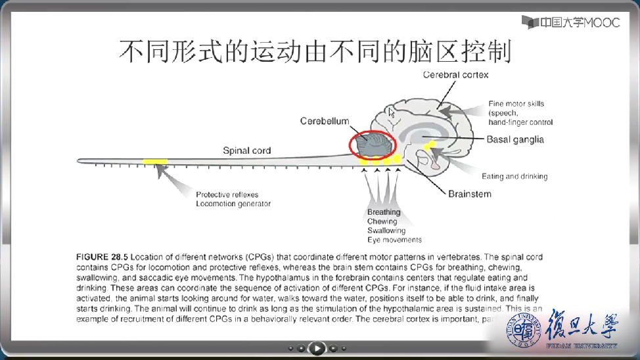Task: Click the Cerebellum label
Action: tap(325, 122)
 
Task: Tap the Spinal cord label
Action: tap(246, 150)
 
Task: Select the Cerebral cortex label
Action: tap(455, 75)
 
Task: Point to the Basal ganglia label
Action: tap(515, 140)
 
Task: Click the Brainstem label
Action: tap(469, 194)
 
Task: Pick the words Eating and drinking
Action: tap(514, 176)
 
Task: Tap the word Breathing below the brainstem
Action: tap(384, 212)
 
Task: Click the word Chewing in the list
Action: tap(382, 221)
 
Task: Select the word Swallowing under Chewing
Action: tap(386, 231)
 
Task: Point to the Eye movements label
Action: tap(394, 240)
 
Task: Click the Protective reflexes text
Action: tap(227, 194)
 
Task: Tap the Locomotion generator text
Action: tap(233, 204)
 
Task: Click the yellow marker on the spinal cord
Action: tap(155, 161)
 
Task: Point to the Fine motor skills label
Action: tap(516, 104)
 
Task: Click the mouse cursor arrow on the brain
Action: tap(392, 112)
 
